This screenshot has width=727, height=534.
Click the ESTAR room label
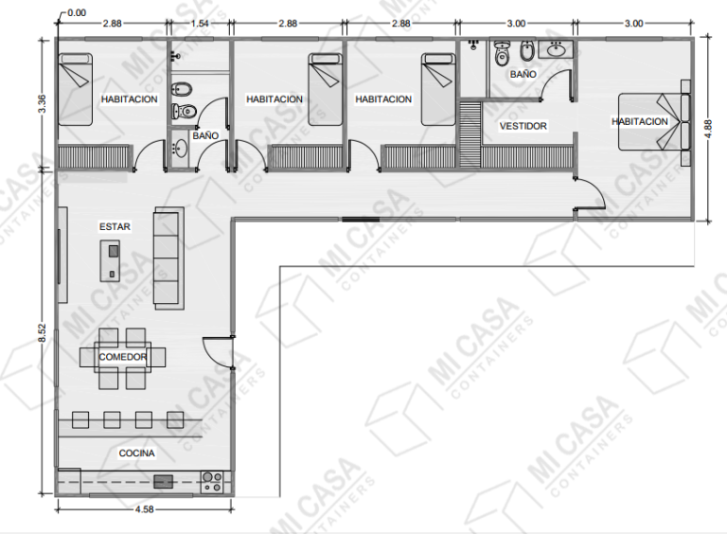115,226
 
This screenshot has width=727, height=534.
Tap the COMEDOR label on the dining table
123,357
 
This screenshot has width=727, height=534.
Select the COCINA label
136,454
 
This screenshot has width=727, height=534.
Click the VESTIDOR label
523,126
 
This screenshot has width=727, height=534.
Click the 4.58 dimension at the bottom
144,511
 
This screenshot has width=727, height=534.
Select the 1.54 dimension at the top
200,22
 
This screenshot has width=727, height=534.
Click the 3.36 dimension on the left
42,104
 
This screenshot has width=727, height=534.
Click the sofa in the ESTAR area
167,258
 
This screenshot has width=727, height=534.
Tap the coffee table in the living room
112,260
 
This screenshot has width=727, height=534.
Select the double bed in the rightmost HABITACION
653,122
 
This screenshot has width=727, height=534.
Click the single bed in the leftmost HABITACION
76,89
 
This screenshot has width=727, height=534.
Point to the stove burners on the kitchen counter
213,481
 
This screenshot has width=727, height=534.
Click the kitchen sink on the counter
164,481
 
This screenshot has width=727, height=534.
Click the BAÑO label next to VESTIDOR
523,73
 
